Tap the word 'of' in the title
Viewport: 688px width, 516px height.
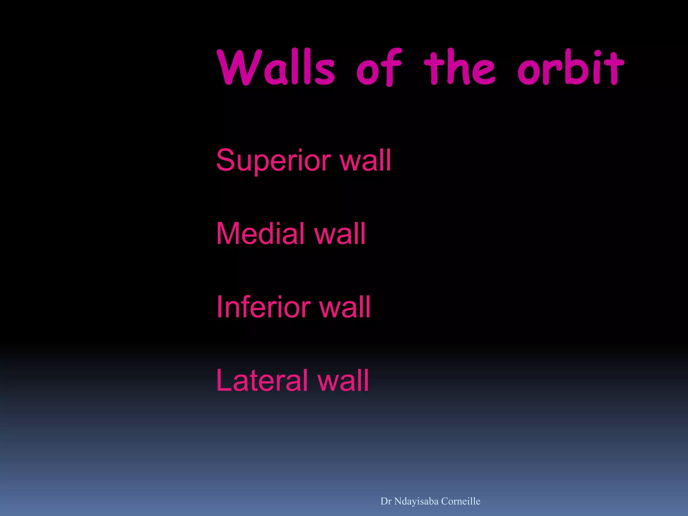(379, 67)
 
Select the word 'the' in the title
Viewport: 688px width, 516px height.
(459, 67)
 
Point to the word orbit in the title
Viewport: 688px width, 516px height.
(570, 67)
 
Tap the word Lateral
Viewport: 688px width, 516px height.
(263, 380)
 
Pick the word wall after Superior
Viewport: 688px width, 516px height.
(365, 161)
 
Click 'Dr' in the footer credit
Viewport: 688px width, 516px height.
(386, 501)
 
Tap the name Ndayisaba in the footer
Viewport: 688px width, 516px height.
(416, 501)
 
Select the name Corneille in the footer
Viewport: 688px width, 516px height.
(461, 501)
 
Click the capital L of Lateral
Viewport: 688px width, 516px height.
(223, 380)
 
